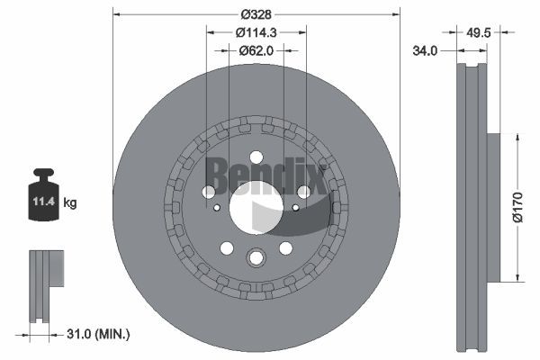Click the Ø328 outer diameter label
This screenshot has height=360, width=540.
point(256,14)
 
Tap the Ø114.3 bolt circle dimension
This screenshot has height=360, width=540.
point(256,32)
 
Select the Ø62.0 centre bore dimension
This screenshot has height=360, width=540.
point(256,50)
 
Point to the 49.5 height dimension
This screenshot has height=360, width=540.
point(479,32)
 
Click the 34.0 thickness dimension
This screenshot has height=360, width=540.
point(425,51)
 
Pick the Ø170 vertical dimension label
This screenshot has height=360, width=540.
point(517,207)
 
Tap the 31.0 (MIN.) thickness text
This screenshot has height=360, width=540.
point(98,334)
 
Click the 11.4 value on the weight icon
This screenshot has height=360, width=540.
point(44,202)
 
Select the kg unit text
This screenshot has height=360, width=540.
point(70,202)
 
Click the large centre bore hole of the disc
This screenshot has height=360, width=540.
point(256,208)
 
